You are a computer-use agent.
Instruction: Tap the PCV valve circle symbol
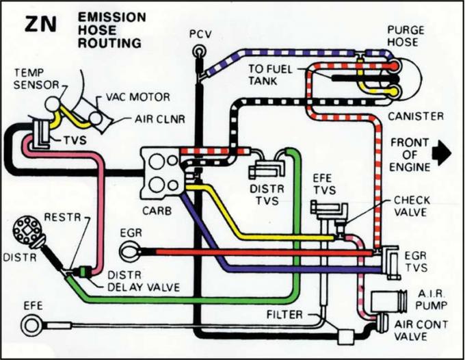click(x=199, y=50)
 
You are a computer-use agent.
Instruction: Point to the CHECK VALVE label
click(x=412, y=206)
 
